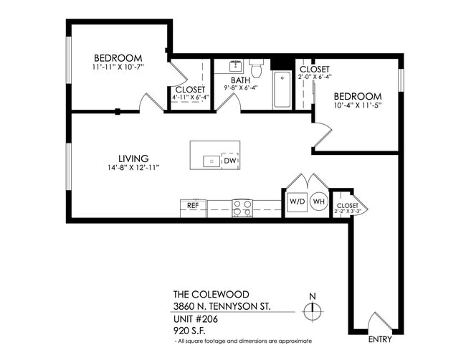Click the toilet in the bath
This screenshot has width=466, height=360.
coord(257,69)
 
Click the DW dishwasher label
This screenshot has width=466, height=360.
coord(230,161)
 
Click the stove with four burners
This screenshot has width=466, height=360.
coord(242,208)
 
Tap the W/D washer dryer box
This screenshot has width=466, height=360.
coord(297,202)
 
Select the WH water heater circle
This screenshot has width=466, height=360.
coord(319,202)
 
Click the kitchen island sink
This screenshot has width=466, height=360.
coord(211,161)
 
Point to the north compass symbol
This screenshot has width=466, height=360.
coord(311,311)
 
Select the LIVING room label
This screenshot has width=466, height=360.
coord(133,158)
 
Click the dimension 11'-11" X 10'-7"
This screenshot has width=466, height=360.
coord(118,69)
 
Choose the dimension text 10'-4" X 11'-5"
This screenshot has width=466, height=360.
coord(356,105)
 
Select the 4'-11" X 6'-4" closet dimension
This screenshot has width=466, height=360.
coord(189,98)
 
